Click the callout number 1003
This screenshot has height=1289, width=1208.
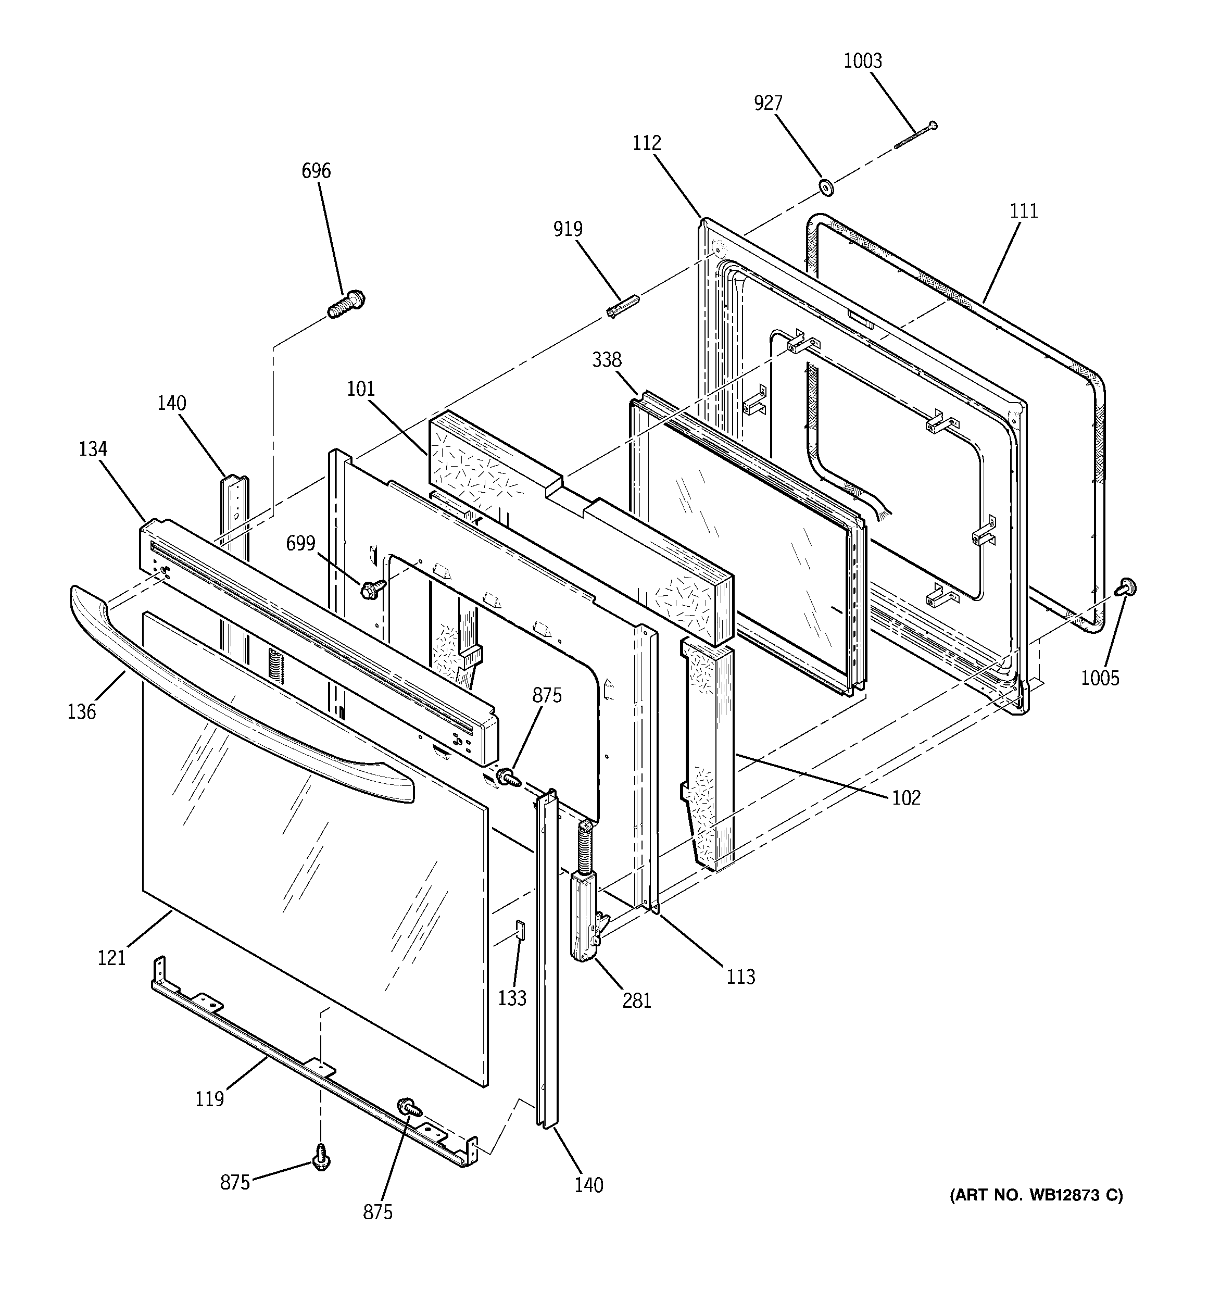(862, 61)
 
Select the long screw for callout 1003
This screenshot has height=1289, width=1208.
(915, 135)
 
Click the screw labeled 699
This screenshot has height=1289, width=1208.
(372, 588)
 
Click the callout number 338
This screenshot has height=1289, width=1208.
(606, 360)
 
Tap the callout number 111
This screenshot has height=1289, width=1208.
(1023, 211)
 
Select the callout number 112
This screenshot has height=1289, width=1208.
(647, 143)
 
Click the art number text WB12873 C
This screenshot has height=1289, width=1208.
(1036, 1195)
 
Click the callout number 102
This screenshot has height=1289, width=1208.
(906, 797)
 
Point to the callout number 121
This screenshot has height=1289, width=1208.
(111, 958)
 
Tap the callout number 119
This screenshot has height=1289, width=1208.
(209, 1098)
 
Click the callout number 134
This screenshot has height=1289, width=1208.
(93, 449)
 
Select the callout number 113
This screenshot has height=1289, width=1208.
(740, 977)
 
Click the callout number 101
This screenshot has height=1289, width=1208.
(360, 389)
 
